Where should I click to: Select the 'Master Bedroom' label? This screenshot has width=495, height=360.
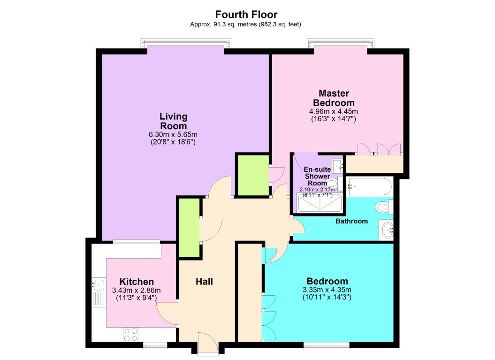[x=334, y=98]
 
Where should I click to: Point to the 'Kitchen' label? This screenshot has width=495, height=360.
[x=137, y=282]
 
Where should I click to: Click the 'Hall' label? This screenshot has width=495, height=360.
[x=204, y=282]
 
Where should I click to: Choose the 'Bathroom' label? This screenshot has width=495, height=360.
[x=351, y=221]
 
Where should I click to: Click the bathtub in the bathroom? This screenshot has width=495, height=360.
[x=369, y=186]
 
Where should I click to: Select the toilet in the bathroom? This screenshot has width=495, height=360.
[x=383, y=207]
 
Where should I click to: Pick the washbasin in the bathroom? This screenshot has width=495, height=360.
[x=388, y=230]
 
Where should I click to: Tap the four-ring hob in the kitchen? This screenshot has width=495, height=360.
[x=131, y=334]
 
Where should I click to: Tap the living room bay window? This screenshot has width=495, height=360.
[x=185, y=44]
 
